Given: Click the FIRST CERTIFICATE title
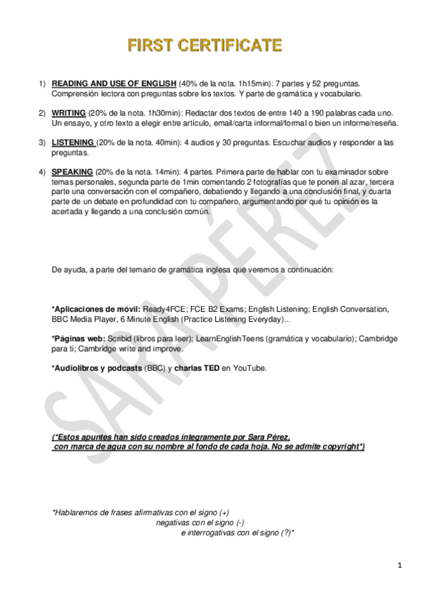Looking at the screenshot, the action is [x=205, y=46].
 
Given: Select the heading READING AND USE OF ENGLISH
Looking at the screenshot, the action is [x=114, y=83].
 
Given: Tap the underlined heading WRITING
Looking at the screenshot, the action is [x=68, y=113].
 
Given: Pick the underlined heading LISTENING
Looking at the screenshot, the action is [x=73, y=143].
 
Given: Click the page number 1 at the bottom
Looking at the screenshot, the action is [x=400, y=566].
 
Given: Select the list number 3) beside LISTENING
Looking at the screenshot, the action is [x=42, y=143].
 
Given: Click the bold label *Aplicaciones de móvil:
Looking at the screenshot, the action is [x=96, y=309].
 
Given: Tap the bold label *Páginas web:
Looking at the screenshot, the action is [x=78, y=338].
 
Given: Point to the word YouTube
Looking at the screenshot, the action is [x=249, y=367].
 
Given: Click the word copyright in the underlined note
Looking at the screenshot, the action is [x=339, y=447].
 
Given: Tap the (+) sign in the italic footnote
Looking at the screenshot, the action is [x=224, y=512].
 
